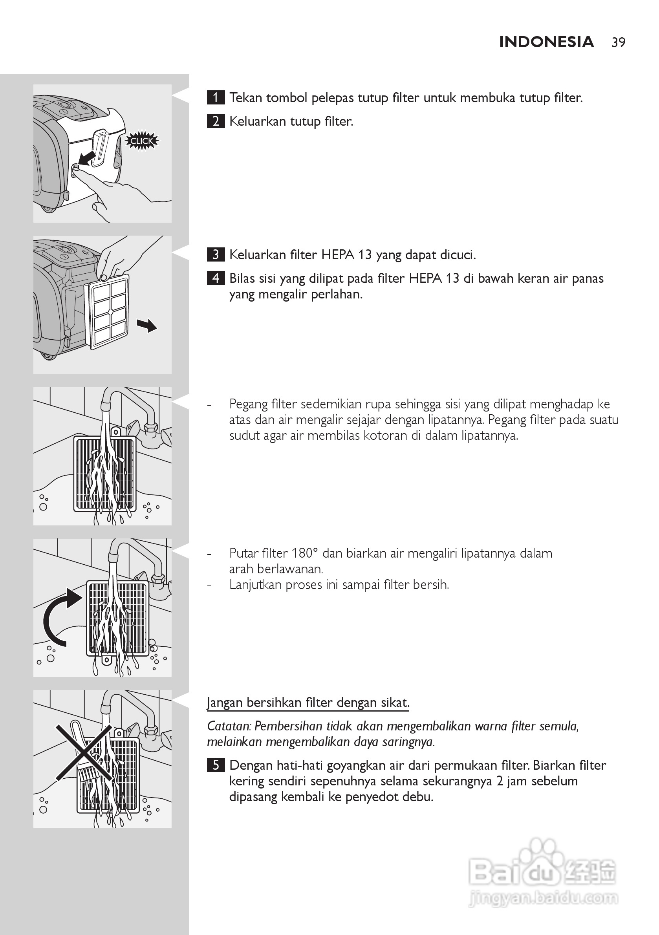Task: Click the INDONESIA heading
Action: point(546,42)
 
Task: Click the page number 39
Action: point(618,42)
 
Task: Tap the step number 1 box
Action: point(216,98)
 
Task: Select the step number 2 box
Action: point(216,121)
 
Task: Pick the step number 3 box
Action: point(216,255)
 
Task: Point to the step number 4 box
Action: point(216,278)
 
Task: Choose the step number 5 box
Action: point(216,765)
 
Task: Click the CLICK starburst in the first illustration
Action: point(141,141)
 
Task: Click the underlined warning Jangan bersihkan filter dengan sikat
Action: point(308,703)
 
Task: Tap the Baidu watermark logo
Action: point(542,871)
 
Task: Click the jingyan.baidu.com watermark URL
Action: point(544,898)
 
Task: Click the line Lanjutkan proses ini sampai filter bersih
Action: point(339,585)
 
